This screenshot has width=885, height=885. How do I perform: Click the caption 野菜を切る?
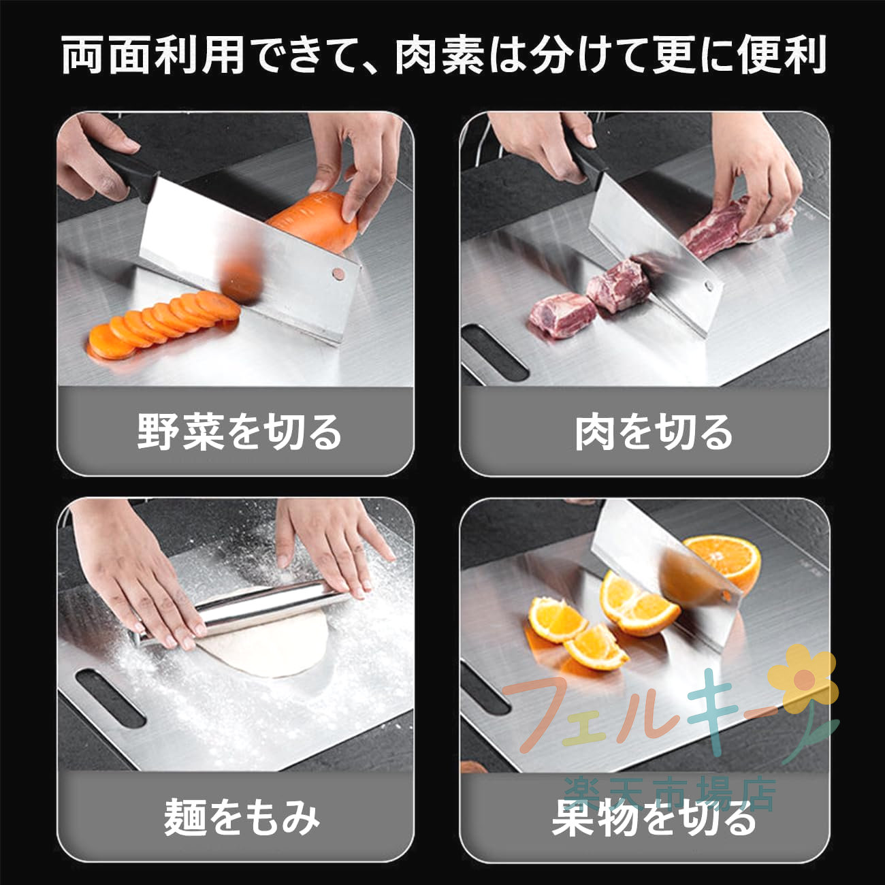(x=239, y=431)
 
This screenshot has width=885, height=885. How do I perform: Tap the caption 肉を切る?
(x=654, y=431)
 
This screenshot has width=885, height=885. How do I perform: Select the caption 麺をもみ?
(x=242, y=817)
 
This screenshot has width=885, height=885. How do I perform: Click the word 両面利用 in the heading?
(x=153, y=54)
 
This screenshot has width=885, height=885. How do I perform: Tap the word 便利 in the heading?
(x=782, y=54)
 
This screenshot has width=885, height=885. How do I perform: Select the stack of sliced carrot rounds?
(x=163, y=325)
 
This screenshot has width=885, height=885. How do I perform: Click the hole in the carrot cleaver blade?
(x=338, y=274)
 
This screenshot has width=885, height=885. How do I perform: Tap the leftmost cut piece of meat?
(x=562, y=315)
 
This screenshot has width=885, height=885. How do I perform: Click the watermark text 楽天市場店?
(x=670, y=794)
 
